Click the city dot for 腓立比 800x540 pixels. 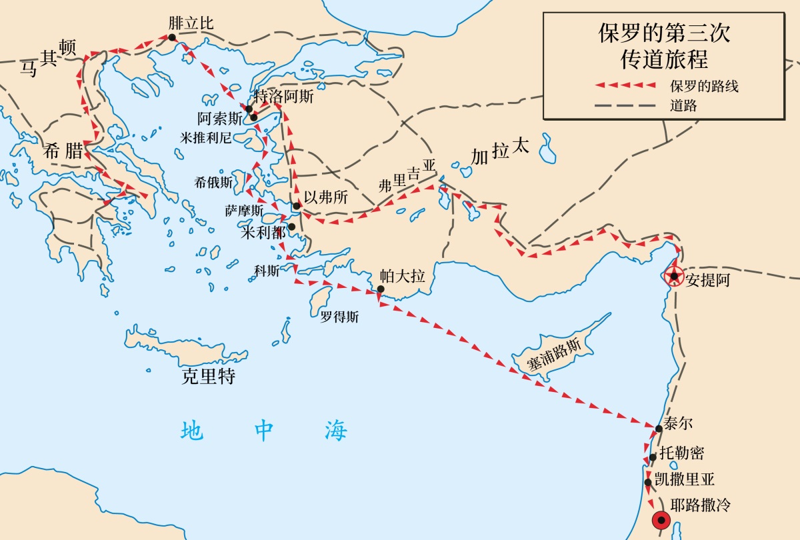[172, 37]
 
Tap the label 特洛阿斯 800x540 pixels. [284, 96]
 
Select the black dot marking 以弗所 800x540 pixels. [297, 206]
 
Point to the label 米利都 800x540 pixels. [263, 232]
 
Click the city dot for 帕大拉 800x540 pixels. [380, 289]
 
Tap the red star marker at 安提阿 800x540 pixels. [675, 276]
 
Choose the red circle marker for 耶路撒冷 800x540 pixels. [661, 521]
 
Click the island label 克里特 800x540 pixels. [209, 376]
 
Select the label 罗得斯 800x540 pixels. [339, 317]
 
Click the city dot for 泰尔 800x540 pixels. [659, 429]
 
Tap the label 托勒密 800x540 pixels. [681, 453]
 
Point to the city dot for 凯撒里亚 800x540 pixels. [648, 482]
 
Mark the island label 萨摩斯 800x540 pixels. [241, 211]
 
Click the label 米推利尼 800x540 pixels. [205, 137]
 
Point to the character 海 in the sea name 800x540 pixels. [337, 431]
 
